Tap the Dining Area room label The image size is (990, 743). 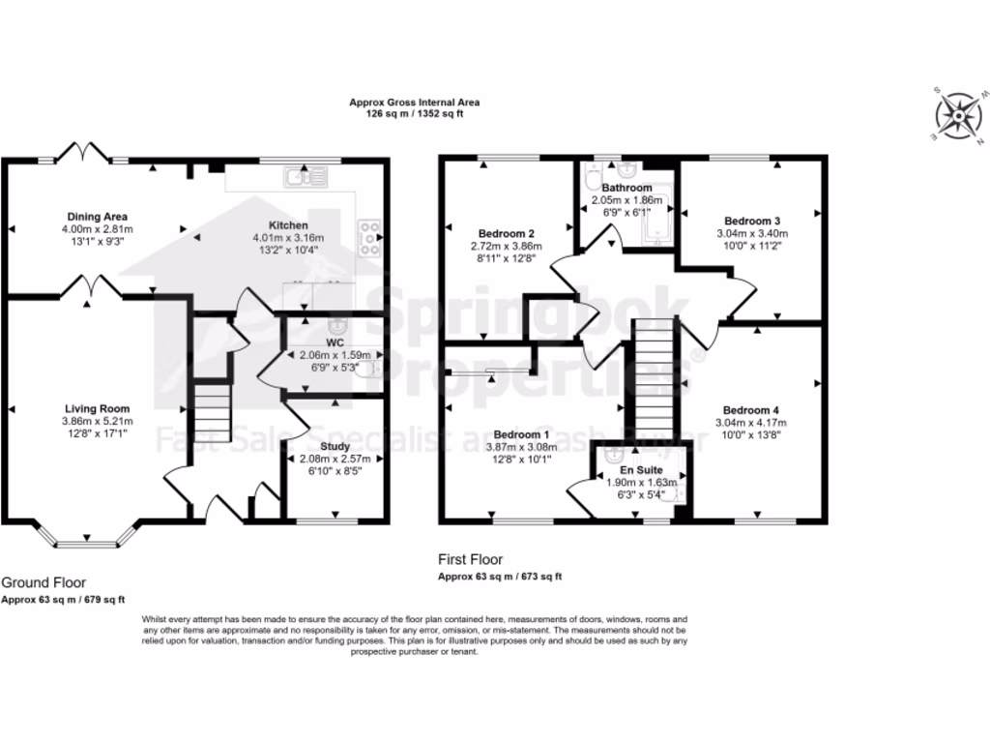(98, 216)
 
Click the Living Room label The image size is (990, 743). (98, 408)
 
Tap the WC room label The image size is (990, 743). (335, 342)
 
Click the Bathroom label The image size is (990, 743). (626, 188)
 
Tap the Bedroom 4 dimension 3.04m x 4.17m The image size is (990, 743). (749, 423)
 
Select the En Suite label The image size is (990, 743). (640, 468)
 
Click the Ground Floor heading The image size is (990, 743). (44, 582)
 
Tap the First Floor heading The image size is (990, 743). (470, 559)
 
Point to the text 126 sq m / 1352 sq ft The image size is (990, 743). (414, 112)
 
